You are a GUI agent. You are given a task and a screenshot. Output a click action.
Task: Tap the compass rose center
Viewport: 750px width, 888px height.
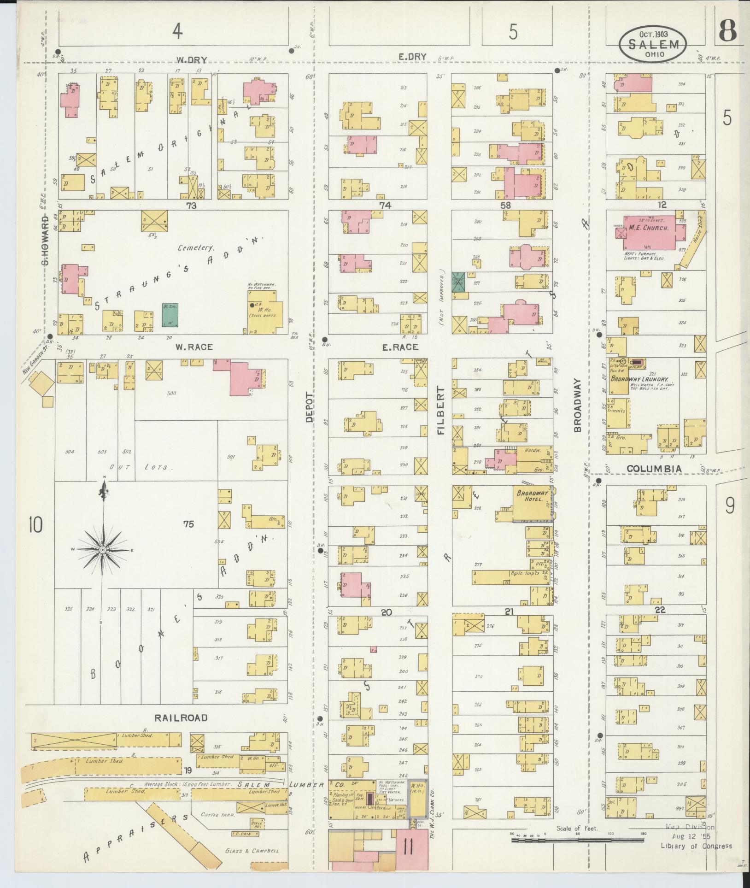point(103,550)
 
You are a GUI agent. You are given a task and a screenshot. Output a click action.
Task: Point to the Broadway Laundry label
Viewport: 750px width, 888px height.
point(633,379)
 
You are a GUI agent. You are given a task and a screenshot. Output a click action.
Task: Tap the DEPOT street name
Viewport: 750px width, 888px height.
point(309,407)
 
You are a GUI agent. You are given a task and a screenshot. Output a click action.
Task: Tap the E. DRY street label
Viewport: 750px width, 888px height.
point(412,57)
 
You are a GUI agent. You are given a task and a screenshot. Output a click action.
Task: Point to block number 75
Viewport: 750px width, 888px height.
point(188,524)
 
